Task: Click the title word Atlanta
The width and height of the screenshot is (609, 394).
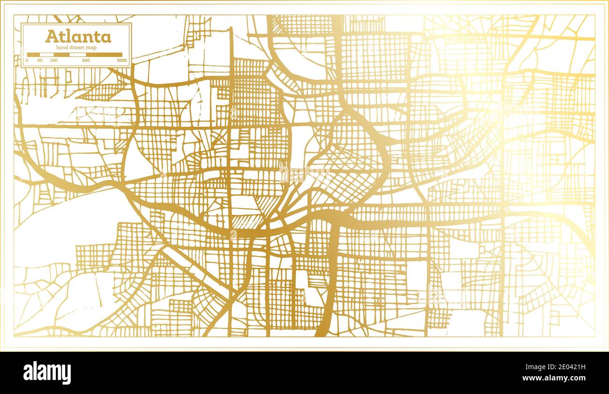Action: [x=78, y=37]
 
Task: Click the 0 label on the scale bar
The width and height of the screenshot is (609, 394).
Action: [x=27, y=61]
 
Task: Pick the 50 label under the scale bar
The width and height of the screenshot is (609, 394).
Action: [x=40, y=61]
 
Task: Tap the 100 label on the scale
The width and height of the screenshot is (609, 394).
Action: [x=53, y=61]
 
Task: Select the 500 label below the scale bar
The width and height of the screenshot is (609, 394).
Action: [x=86, y=61]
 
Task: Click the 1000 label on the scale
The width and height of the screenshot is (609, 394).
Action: [x=122, y=61]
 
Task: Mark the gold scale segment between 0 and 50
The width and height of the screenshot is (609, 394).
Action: [x=34, y=55]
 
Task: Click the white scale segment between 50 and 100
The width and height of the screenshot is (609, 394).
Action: [x=47, y=55]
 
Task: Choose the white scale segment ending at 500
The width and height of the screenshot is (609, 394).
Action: [x=78, y=55]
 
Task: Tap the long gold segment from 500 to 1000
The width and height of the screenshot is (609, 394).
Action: [x=104, y=55]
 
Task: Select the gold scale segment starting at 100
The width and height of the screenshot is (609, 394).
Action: [x=61, y=55]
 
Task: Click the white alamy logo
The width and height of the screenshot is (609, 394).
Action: [x=47, y=372]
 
